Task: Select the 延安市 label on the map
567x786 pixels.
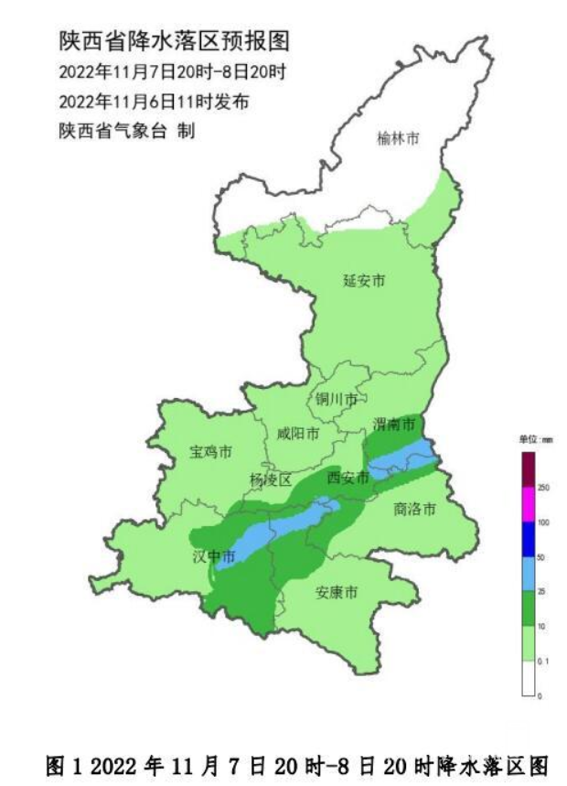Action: pyautogui.click(x=363, y=280)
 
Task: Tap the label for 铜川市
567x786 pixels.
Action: pyautogui.click(x=336, y=399)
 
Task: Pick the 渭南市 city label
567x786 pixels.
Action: pyautogui.click(x=394, y=424)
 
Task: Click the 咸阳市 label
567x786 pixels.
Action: pyautogui.click(x=298, y=433)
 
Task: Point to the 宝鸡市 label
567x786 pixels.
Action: pyautogui.click(x=210, y=452)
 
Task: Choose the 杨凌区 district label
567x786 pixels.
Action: pyautogui.click(x=270, y=479)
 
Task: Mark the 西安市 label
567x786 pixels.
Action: pyautogui.click(x=348, y=477)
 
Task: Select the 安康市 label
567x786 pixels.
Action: pyautogui.click(x=336, y=592)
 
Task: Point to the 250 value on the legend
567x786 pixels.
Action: pyautogui.click(x=542, y=488)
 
